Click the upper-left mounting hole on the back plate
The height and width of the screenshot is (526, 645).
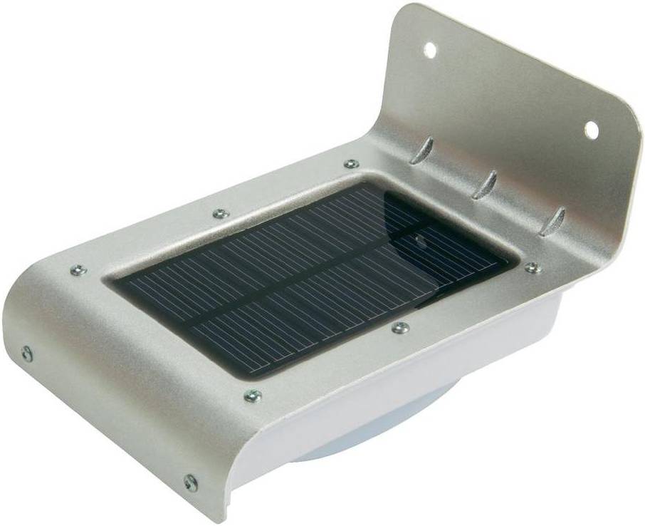click(x=429, y=50)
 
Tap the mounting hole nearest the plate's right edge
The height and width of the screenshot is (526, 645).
click(x=592, y=130)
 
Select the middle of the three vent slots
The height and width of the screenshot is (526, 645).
click(x=486, y=185)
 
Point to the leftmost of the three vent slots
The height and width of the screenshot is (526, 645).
click(x=422, y=150)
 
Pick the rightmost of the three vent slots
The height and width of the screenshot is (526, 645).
click(x=552, y=222)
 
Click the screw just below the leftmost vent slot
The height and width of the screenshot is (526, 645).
click(x=351, y=164)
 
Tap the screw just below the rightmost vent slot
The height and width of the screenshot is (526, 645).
click(x=531, y=268)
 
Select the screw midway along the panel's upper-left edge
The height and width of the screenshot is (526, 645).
click(x=221, y=213)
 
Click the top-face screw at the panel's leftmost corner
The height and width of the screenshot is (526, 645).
click(x=78, y=270)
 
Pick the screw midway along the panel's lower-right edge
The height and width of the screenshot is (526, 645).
click(x=401, y=328)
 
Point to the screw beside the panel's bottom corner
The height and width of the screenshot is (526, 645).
click(x=252, y=395)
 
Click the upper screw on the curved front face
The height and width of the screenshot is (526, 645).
click(x=27, y=353)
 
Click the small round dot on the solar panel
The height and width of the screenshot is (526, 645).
click(x=420, y=242)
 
